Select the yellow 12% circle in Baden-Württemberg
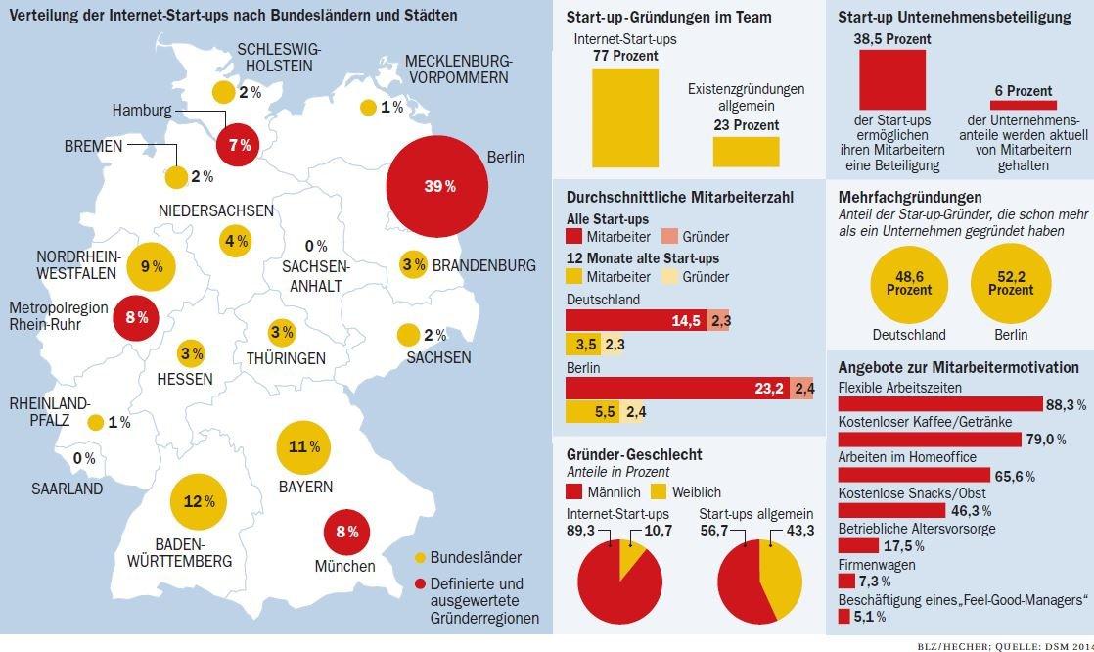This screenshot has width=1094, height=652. point(199,501)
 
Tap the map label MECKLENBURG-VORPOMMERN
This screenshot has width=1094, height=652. point(458,69)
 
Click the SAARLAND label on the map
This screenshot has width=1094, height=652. point(67,489)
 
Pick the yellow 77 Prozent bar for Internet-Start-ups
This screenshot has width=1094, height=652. point(625,117)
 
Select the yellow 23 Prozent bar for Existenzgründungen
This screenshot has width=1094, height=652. point(746,152)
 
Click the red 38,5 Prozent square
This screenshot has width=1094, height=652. point(891,79)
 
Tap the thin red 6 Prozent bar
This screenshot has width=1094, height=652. point(1023,105)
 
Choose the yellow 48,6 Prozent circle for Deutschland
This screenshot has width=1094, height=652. point(909,284)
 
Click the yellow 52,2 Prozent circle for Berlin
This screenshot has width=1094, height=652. point(1010,284)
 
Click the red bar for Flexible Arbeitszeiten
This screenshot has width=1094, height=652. point(940,404)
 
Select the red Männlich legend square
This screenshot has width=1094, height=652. point(574,491)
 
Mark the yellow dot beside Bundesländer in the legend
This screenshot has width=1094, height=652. point(420,558)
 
